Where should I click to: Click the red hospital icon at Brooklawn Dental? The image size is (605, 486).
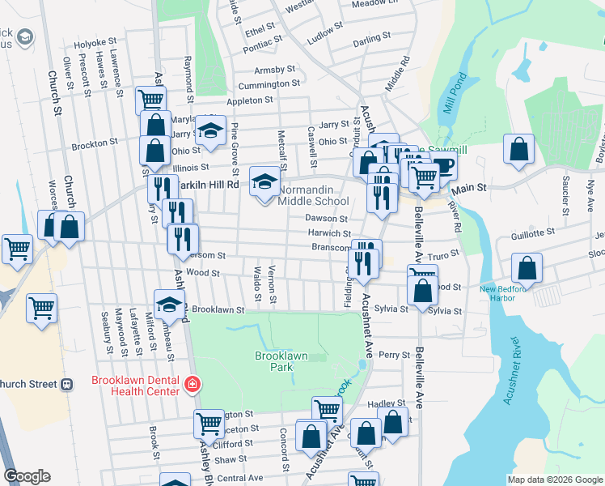[x=192, y=385]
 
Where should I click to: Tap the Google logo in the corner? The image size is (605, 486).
[x=27, y=476]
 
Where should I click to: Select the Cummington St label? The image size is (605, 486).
[x=269, y=83]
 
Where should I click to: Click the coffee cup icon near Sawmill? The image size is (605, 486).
[x=443, y=167]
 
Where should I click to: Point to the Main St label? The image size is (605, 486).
[x=472, y=187]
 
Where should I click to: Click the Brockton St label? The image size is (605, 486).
[x=95, y=143]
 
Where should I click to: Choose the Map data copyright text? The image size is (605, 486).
[x=555, y=479]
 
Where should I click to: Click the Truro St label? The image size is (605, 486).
[x=444, y=253]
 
